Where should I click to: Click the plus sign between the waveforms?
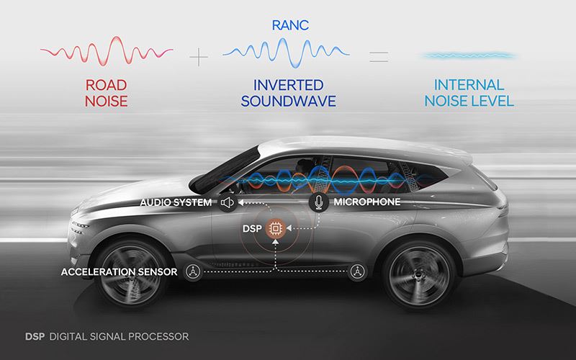coord(195,54)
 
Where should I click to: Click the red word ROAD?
coord(107,85)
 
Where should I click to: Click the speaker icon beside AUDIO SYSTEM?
coord(228,203)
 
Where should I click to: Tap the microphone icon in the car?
coord(319,202)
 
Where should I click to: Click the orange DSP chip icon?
coord(274,229)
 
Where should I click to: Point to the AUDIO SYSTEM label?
coord(176,203)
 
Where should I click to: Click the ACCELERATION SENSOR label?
coord(119,271)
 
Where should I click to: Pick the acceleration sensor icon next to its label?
coord(192,271)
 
